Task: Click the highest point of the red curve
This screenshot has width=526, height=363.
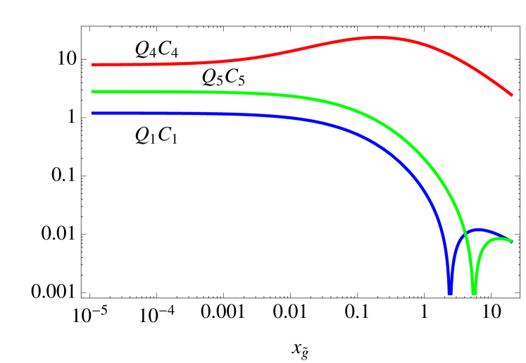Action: pyautogui.click(x=377, y=37)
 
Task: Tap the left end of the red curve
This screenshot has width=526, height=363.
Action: pyautogui.click(x=92, y=65)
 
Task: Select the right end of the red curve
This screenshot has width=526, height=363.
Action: pyautogui.click(x=511, y=94)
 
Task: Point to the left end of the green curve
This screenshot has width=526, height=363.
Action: pyautogui.click(x=92, y=92)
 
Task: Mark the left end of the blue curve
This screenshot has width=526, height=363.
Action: pyautogui.click(x=92, y=113)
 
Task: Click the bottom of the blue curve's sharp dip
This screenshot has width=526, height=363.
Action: pyautogui.click(x=450, y=292)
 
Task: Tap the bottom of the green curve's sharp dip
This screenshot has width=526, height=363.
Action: pyautogui.click(x=474, y=292)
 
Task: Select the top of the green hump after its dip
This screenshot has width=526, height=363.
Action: pyautogui.click(x=501, y=239)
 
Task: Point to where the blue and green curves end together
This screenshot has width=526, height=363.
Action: pyautogui.click(x=511, y=240)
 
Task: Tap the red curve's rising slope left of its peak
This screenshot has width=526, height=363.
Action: pyautogui.click(x=296, y=50)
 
